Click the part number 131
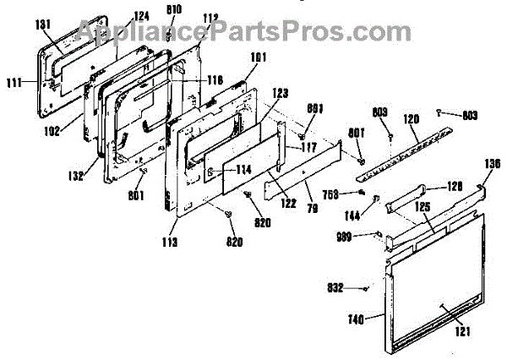click(x=41, y=25)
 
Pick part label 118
click(x=215, y=79)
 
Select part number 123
click(x=281, y=93)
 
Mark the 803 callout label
click(x=470, y=115)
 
